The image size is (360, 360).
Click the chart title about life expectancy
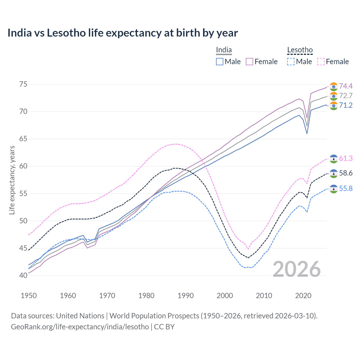[x=123, y=33]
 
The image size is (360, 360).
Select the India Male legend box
[x=220, y=62]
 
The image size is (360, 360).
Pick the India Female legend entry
[x=262, y=62]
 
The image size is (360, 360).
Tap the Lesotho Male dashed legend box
[x=291, y=62]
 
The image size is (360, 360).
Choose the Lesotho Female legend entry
[x=333, y=62]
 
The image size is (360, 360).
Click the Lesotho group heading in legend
[x=300, y=50]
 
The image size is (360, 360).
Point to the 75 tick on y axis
[x=23, y=84]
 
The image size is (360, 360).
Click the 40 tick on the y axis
[x=23, y=275]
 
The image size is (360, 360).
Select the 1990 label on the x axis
[x=186, y=296]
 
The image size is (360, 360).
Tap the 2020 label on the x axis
[x=303, y=296]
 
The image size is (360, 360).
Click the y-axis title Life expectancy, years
[x=12, y=180]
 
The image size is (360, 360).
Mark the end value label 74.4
[x=346, y=86]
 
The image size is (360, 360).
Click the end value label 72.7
[x=346, y=96]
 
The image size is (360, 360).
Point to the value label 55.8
[x=346, y=188]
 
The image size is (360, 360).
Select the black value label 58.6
[x=346, y=173]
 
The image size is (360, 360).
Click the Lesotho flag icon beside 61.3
[x=334, y=159]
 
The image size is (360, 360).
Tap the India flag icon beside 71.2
[x=334, y=105]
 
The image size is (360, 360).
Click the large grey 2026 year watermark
[x=297, y=269]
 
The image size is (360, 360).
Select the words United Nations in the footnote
[x=80, y=316]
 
